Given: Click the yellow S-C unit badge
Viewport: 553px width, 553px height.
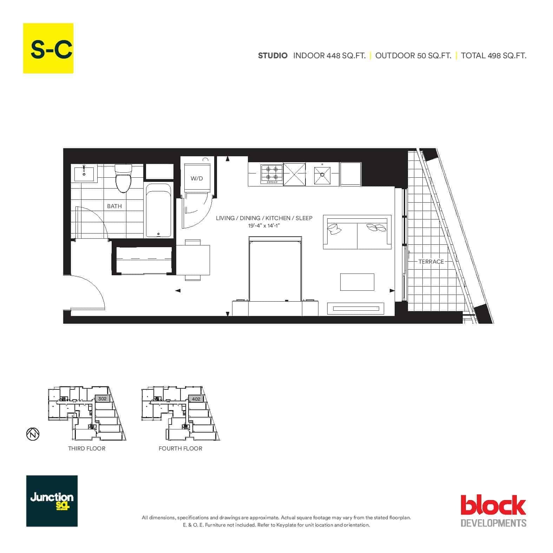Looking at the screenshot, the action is pos(48,48).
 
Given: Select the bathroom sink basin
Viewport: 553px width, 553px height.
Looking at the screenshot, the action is pos(84,173).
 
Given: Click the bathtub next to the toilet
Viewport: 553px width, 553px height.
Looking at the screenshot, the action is pos(158,210).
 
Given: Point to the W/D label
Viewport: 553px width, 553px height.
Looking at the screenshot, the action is pos(197,178).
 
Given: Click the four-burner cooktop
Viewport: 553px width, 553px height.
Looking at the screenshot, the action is pos(272,174).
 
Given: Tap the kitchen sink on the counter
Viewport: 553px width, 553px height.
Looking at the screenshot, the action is pos(322,175).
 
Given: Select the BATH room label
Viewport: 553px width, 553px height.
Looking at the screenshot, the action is pos(114,206).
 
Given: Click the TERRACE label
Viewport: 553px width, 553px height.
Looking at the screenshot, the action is pos(431,262).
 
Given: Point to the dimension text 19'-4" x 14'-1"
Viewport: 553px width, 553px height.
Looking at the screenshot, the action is pos(264,226).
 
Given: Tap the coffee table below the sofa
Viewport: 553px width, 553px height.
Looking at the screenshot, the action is pos(357,282).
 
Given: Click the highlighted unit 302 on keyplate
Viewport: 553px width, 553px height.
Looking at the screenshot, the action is pos(103,399).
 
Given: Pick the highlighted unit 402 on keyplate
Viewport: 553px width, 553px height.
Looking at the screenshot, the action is pos(196,399).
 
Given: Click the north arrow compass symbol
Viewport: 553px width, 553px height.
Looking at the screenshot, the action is pos(33,434).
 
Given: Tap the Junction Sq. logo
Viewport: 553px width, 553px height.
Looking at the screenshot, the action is pos(52,501).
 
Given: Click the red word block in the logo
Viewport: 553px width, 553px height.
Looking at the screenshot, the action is pos(493,505).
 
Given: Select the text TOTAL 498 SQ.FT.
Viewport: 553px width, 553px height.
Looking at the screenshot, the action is pos(493,55).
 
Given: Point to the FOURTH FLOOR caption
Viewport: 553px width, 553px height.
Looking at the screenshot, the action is pos(180,448).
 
